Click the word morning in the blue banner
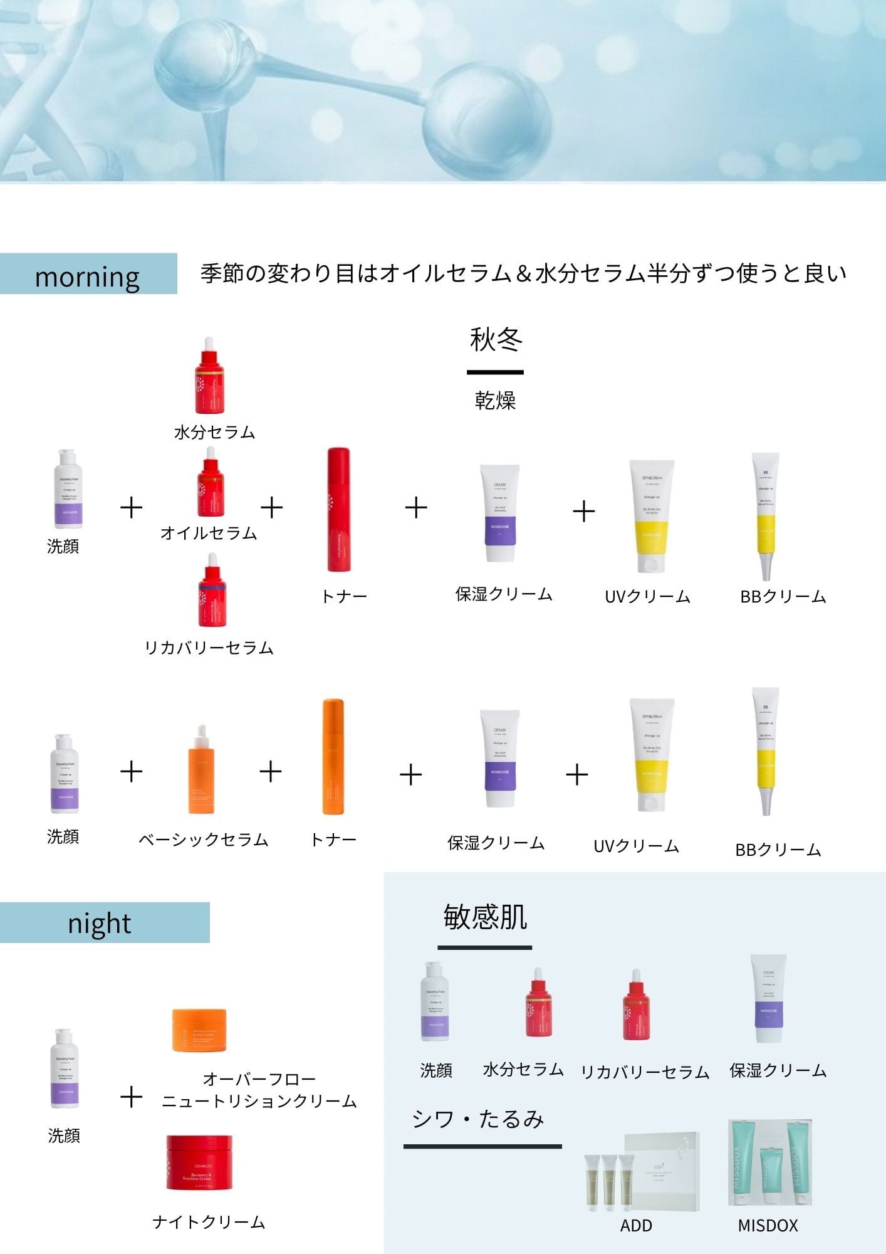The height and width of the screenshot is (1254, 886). tap(87, 276)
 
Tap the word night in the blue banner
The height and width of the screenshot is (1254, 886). tap(100, 923)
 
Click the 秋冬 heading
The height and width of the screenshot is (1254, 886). tap(496, 339)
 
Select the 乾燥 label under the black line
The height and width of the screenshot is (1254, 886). tap(495, 399)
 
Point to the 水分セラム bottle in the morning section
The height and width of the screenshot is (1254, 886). tap(209, 376)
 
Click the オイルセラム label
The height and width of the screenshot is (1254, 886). tap(209, 532)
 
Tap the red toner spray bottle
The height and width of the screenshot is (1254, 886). tap(339, 509)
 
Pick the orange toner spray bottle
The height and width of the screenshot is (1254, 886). tap(333, 757)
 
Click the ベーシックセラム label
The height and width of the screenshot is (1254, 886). tap(204, 839)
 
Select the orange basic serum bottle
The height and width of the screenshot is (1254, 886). tap(201, 771)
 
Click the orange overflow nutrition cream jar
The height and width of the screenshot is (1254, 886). tap(199, 1030)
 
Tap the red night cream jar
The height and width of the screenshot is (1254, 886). tap(199, 1162)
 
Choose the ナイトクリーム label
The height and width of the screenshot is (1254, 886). tap(209, 1221)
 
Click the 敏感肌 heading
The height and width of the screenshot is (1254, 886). tap(485, 917)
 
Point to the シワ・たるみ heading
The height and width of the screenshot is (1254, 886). tap(478, 1119)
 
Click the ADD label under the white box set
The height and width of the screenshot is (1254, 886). tap(636, 1225)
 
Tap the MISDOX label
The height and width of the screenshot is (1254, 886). tap(768, 1225)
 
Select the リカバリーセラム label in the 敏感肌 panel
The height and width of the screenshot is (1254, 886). tap(645, 1072)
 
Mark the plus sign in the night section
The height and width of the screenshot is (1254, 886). tap(131, 1097)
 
